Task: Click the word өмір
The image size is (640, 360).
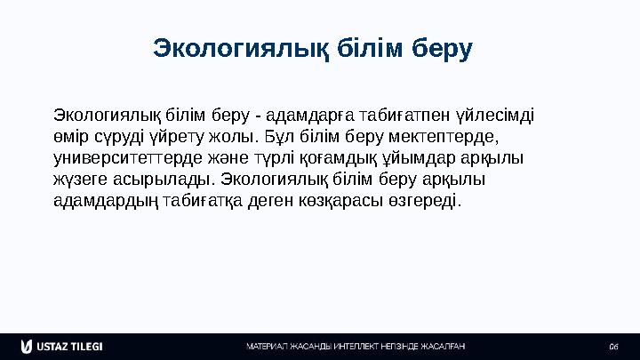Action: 72,138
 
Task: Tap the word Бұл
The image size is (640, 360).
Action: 276,138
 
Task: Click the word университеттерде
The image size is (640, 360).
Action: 124,159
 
